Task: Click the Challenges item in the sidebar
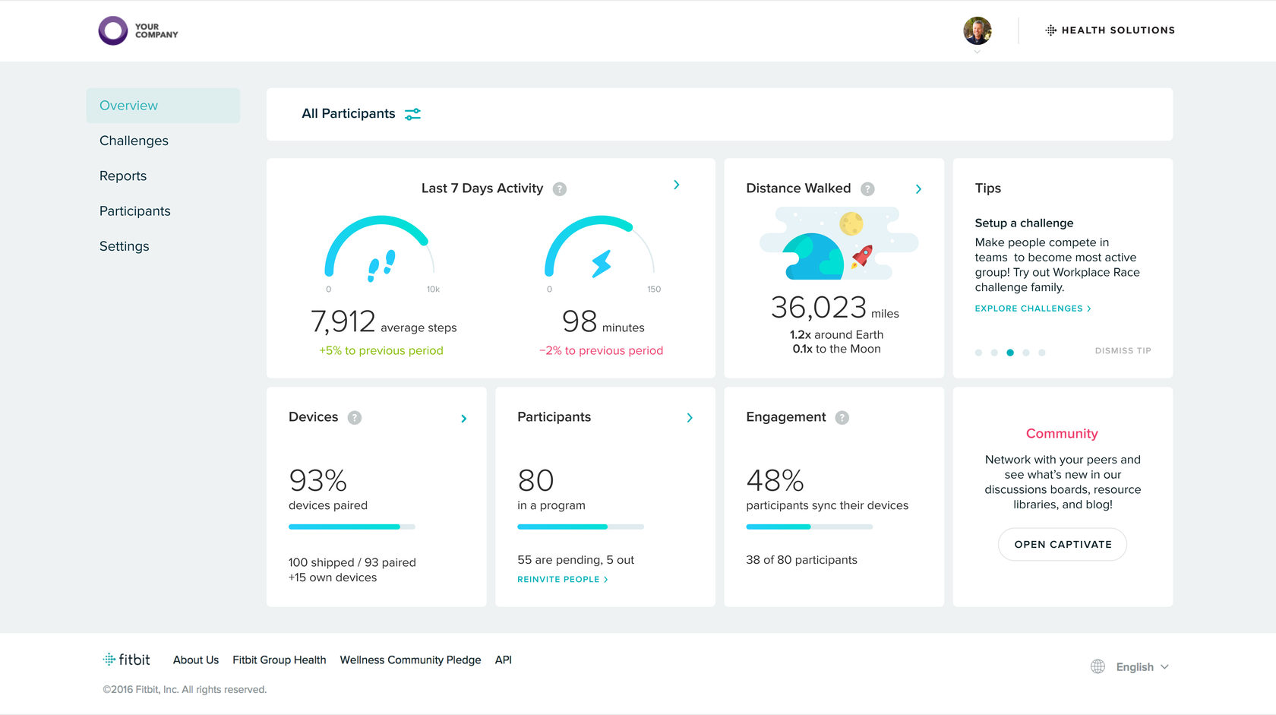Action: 134,141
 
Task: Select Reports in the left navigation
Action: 123,176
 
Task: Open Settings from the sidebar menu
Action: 125,246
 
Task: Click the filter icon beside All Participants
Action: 412,114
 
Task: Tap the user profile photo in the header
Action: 978,30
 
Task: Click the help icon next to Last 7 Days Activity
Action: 559,188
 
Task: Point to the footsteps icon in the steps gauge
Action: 381,265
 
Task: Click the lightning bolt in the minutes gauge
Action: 602,263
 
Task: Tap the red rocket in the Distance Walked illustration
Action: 862,256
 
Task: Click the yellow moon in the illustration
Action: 851,223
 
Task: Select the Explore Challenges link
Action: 1033,308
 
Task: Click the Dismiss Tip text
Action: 1123,351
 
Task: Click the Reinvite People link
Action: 562,580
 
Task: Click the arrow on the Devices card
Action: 463,419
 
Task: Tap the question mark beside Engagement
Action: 842,418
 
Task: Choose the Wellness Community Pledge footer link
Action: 410,660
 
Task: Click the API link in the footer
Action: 503,660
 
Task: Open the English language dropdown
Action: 1142,667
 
